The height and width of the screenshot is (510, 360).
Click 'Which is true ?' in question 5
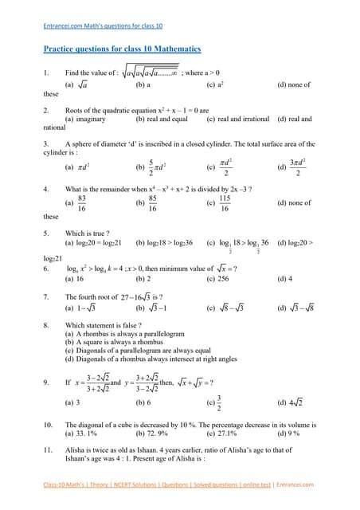tap(87, 234)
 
